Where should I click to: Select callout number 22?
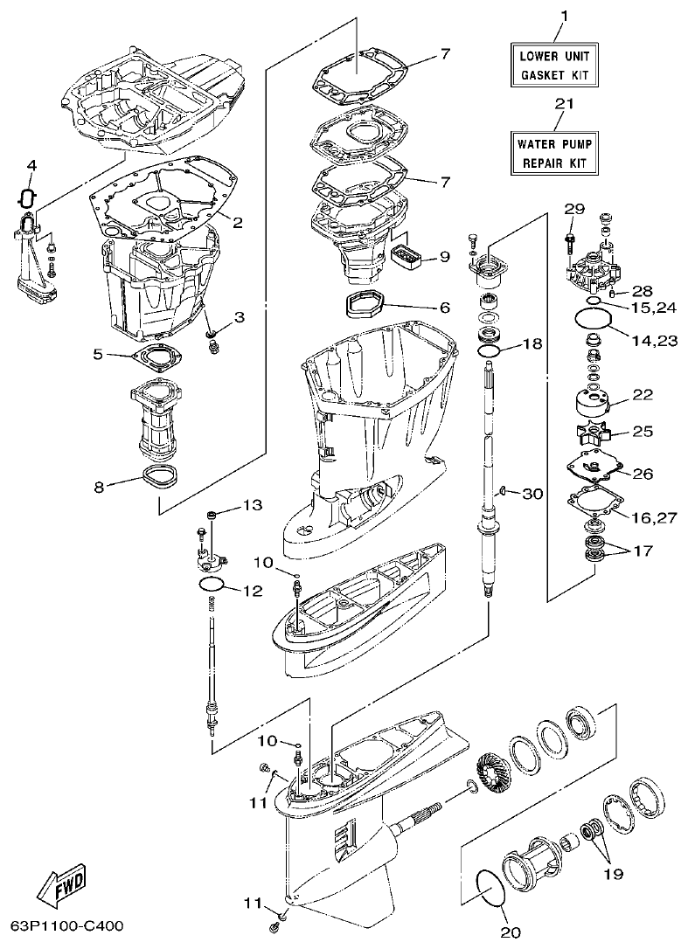[x=643, y=396]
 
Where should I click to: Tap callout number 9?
[x=443, y=257]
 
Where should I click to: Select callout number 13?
[x=252, y=505]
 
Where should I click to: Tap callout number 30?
[x=532, y=494]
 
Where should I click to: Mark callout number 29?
[x=573, y=208]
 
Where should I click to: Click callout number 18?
[x=532, y=344]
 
